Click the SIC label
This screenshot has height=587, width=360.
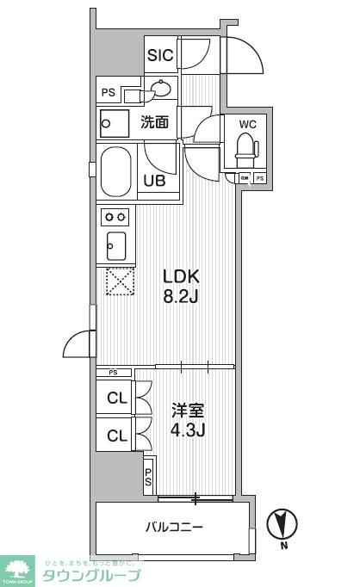[x=160, y=56]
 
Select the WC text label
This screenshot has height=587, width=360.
[x=247, y=122]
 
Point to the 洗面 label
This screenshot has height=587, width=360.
[x=155, y=122]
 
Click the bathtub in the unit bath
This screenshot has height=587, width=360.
[x=116, y=172]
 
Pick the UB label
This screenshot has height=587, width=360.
[x=155, y=181]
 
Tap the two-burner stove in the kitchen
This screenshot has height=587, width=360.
[x=115, y=216]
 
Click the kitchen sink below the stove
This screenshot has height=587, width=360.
[x=115, y=245]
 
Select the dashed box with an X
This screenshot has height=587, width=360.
[x=116, y=281]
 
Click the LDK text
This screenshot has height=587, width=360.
[x=182, y=276]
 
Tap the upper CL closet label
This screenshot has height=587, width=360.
[x=116, y=398]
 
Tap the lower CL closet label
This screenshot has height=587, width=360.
[x=116, y=436]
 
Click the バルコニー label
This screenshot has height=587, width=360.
[x=173, y=526]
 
